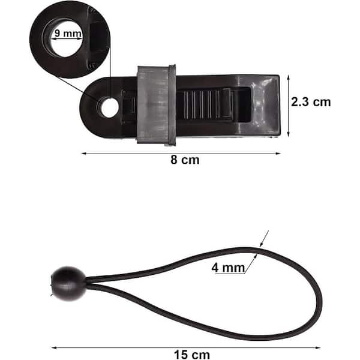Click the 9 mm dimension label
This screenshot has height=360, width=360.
[x=68, y=33]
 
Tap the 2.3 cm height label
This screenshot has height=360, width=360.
[x=311, y=102]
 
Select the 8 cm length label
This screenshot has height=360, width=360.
[x=185, y=160]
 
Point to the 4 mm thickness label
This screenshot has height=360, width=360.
[x=228, y=268]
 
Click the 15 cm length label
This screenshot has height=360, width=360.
[x=192, y=355]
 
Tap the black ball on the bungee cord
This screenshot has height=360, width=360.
[x=68, y=284]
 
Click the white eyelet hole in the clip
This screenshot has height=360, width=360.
[x=110, y=107]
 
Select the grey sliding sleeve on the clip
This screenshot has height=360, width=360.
[x=157, y=105]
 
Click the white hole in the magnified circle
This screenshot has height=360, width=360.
[x=66, y=39]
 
